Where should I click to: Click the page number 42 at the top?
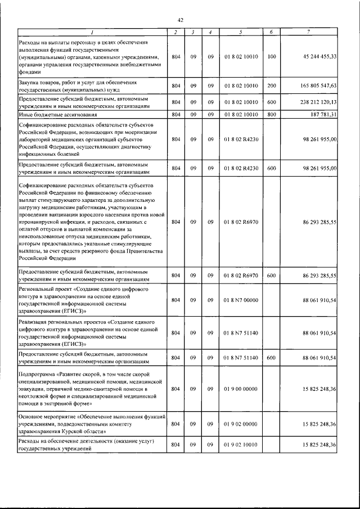[181, 20]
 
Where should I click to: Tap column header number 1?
[92, 32]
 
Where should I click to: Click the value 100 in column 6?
[271, 57]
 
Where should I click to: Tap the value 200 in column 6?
[271, 85]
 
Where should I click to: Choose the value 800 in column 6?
[271, 114]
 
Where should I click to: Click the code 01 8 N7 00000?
[240, 300]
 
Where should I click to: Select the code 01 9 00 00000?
[240, 389]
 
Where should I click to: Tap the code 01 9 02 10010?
[240, 445]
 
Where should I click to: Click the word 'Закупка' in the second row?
[30, 82]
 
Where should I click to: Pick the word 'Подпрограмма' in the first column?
[39, 373]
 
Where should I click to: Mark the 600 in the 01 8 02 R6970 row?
[271, 276]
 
